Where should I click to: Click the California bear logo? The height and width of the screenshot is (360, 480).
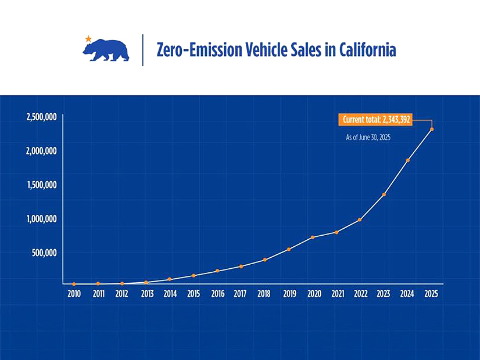coord(106,51)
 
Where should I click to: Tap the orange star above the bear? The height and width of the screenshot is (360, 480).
coord(88,38)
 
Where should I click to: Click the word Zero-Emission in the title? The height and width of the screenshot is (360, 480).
coord(191,50)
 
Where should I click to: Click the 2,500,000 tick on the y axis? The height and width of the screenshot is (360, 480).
coord(41,117)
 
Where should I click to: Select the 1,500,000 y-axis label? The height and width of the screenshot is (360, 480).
coord(41,185)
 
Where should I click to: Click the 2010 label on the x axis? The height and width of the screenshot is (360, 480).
coord(74,294)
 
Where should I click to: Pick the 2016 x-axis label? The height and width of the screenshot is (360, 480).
coord(217,294)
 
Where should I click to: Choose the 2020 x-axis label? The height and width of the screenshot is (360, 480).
coord(313,294)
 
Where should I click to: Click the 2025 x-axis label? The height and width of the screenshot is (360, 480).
coord(431,294)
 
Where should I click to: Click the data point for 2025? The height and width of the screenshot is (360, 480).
coord(431,129)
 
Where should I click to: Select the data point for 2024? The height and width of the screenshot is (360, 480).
coord(408,160)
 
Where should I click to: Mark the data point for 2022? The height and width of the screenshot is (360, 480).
coord(360,219)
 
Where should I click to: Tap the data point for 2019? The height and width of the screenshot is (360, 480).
coord(289,249)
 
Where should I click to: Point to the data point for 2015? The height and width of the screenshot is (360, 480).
coord(194,275)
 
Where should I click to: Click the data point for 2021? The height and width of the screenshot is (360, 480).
coord(336,232)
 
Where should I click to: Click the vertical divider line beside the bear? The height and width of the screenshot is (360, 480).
coord(143,50)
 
